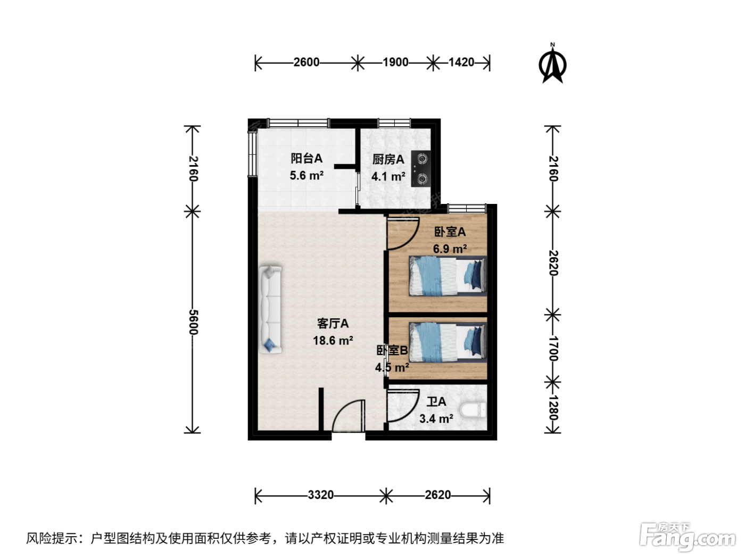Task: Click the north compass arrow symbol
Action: [x=552, y=64]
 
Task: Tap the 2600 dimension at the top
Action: [x=306, y=62]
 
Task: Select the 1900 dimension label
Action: [x=395, y=62]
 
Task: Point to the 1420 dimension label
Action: [x=461, y=62]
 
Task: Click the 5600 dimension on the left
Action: [x=193, y=322]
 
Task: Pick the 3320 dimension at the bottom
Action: [x=321, y=495]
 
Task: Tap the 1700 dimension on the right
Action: [x=553, y=349]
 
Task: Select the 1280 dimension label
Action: [x=553, y=408]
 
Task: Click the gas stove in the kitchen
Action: [x=421, y=169]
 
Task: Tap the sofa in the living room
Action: [x=270, y=309]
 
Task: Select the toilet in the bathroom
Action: [x=473, y=410]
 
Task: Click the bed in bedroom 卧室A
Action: [x=448, y=276]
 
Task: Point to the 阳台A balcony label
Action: [x=307, y=159]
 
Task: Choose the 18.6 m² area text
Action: [x=333, y=340]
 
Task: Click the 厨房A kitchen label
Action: [x=388, y=160]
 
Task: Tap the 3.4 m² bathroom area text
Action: [x=436, y=418]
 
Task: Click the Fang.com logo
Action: [x=687, y=535]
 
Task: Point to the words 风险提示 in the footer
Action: [x=52, y=538]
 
